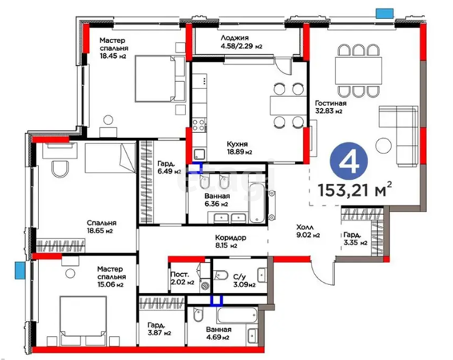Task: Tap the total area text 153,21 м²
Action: [x=355, y=190]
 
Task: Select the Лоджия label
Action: [x=234, y=37]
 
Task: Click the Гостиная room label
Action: [x=331, y=103]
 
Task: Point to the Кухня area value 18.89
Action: [x=236, y=152]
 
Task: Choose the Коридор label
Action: [x=231, y=238]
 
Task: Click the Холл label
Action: [x=305, y=227]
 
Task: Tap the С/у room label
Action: [x=239, y=277]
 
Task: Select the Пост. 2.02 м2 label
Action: [x=183, y=278]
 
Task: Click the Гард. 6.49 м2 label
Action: [x=169, y=168]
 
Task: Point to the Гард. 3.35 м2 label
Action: [x=355, y=238]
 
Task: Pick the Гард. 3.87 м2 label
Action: [x=159, y=329]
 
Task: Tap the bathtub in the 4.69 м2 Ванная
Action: [x=236, y=315]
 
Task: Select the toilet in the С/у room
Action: [x=222, y=275]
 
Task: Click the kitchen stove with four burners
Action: [x=199, y=125]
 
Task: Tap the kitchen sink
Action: [x=200, y=154]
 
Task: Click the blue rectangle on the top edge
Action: [x=384, y=13]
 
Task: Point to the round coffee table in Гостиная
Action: [x=384, y=146]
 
